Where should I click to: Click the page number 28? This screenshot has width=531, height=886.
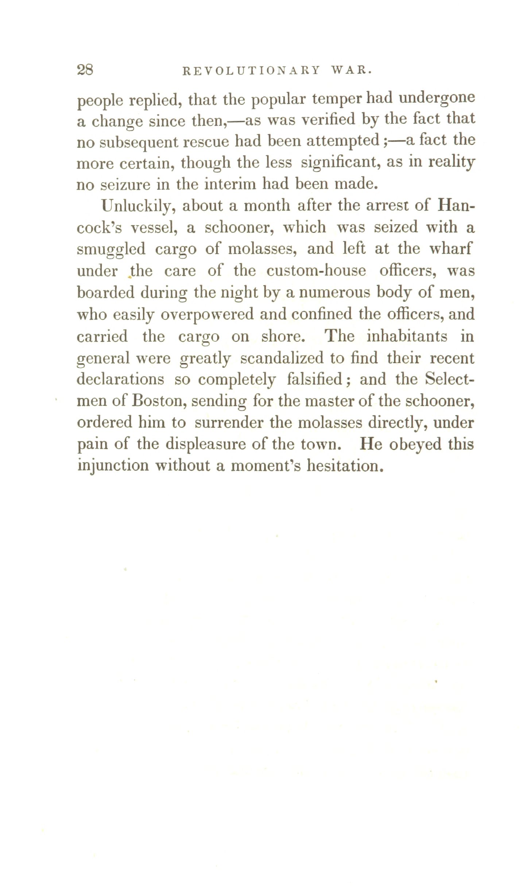85,69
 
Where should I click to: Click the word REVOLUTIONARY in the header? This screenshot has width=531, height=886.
251,70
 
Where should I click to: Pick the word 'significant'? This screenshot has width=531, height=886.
341,163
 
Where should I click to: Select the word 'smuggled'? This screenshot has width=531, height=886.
111,250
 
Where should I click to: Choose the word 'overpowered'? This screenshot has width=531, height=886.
207,315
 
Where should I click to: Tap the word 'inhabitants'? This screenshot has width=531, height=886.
407,336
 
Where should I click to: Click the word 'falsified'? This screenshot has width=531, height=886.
314,379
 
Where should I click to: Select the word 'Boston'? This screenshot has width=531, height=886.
159,401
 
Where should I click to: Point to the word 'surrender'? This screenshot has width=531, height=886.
230,423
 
